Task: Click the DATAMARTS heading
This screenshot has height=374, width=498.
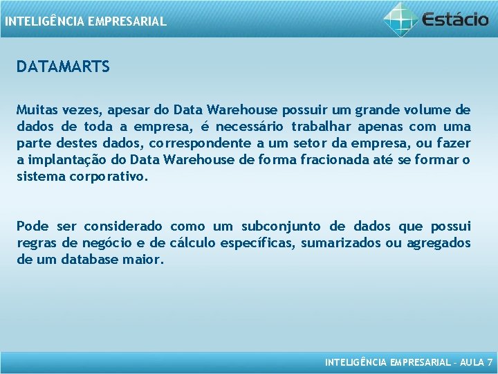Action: (x=63, y=67)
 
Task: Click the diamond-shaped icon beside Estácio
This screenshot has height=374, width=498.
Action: (x=401, y=19)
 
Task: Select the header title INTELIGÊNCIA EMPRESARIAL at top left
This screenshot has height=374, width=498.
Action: (x=85, y=21)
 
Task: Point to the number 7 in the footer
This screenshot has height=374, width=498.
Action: (x=490, y=362)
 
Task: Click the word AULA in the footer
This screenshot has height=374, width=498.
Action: (x=470, y=362)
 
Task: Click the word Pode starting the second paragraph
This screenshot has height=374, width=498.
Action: (x=33, y=226)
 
